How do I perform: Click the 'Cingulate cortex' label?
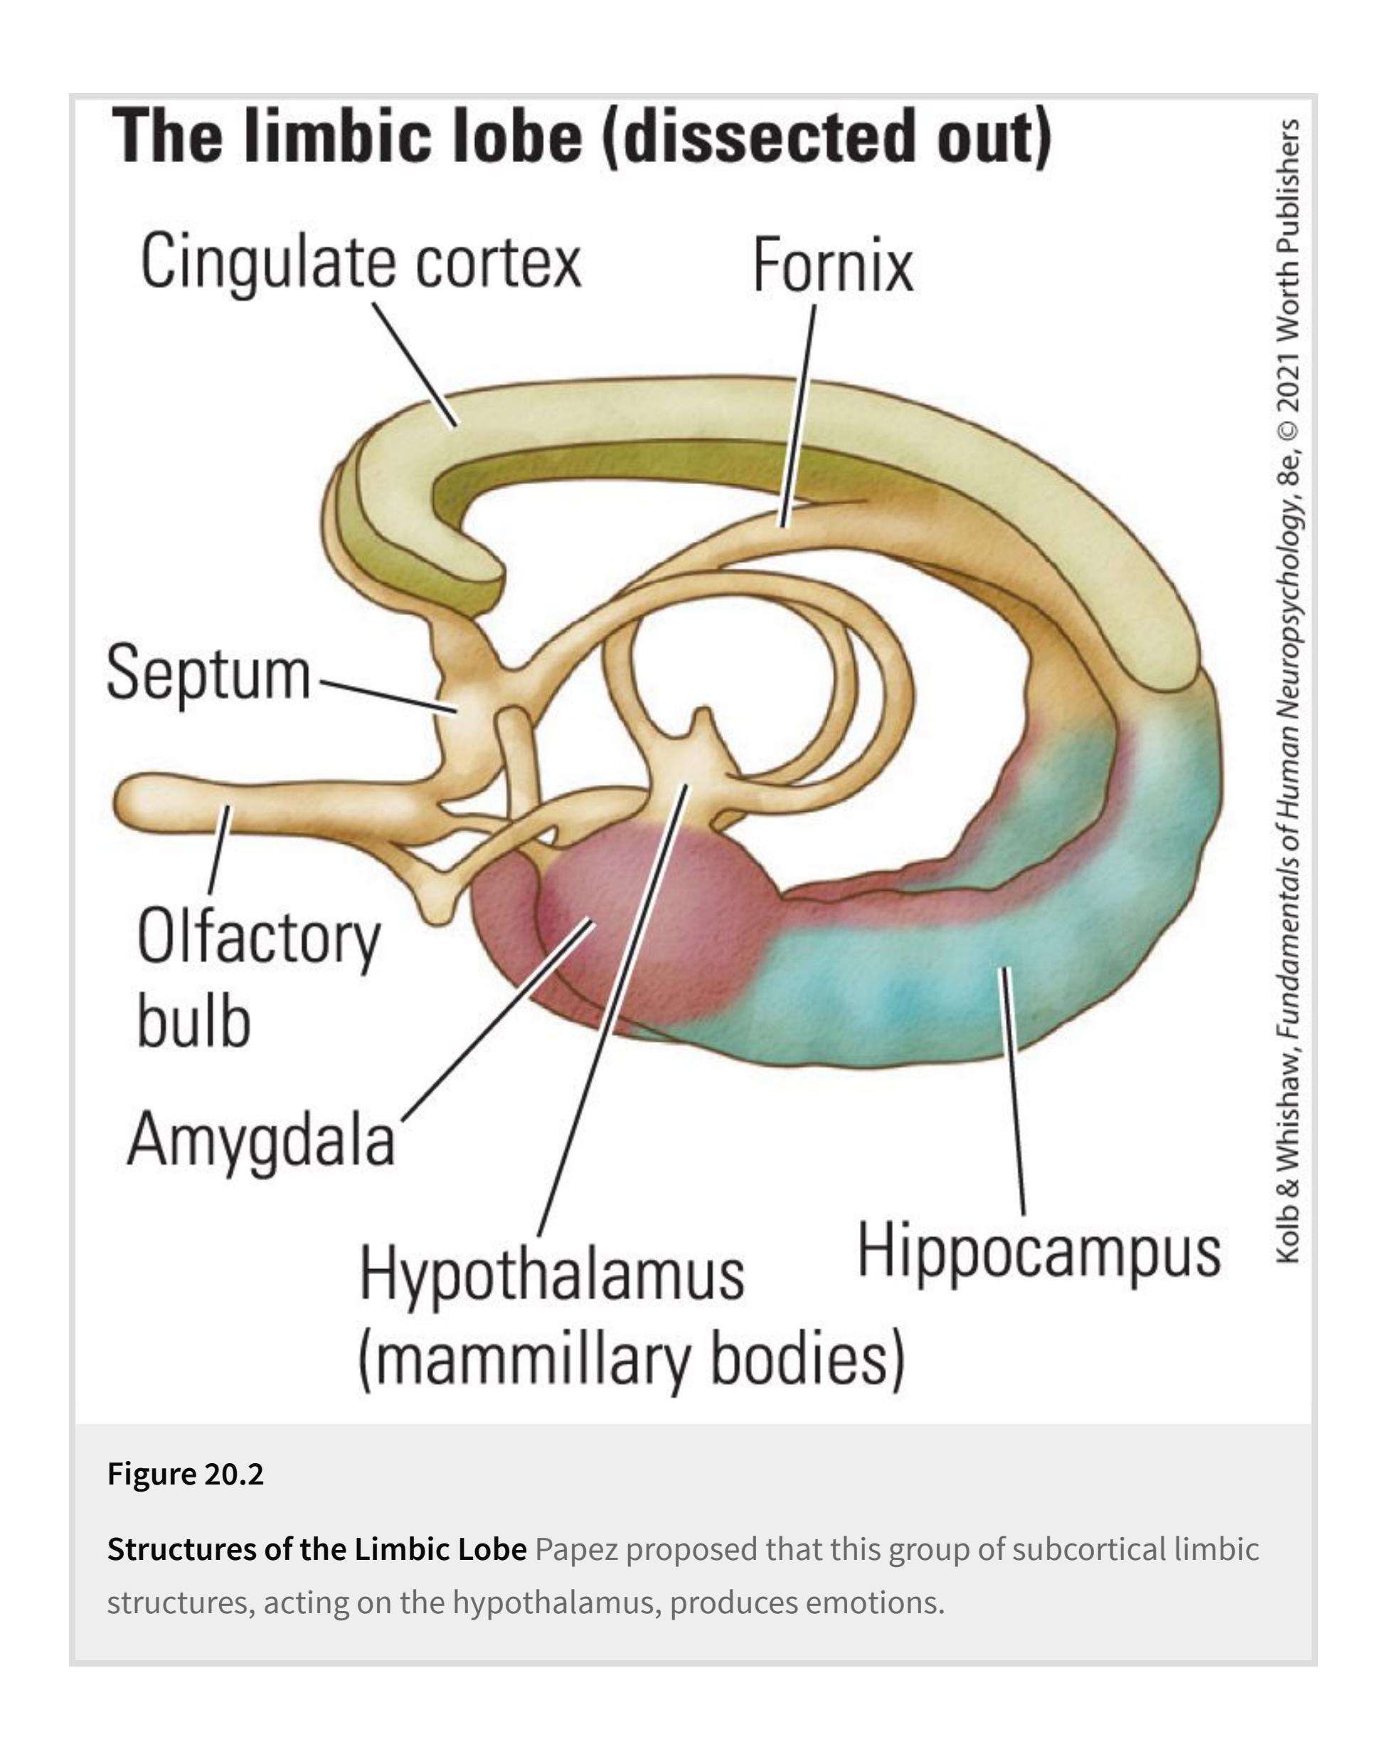[361, 261]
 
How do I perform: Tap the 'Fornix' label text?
[832, 265]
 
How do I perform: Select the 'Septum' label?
[208, 673]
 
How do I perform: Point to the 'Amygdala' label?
[260, 1139]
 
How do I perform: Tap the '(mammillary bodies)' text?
[631, 1359]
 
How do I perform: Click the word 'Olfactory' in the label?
[258, 938]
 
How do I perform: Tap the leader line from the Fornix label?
[799, 414]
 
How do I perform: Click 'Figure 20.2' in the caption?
[186, 1474]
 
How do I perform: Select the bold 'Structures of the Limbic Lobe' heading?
[317, 1549]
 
